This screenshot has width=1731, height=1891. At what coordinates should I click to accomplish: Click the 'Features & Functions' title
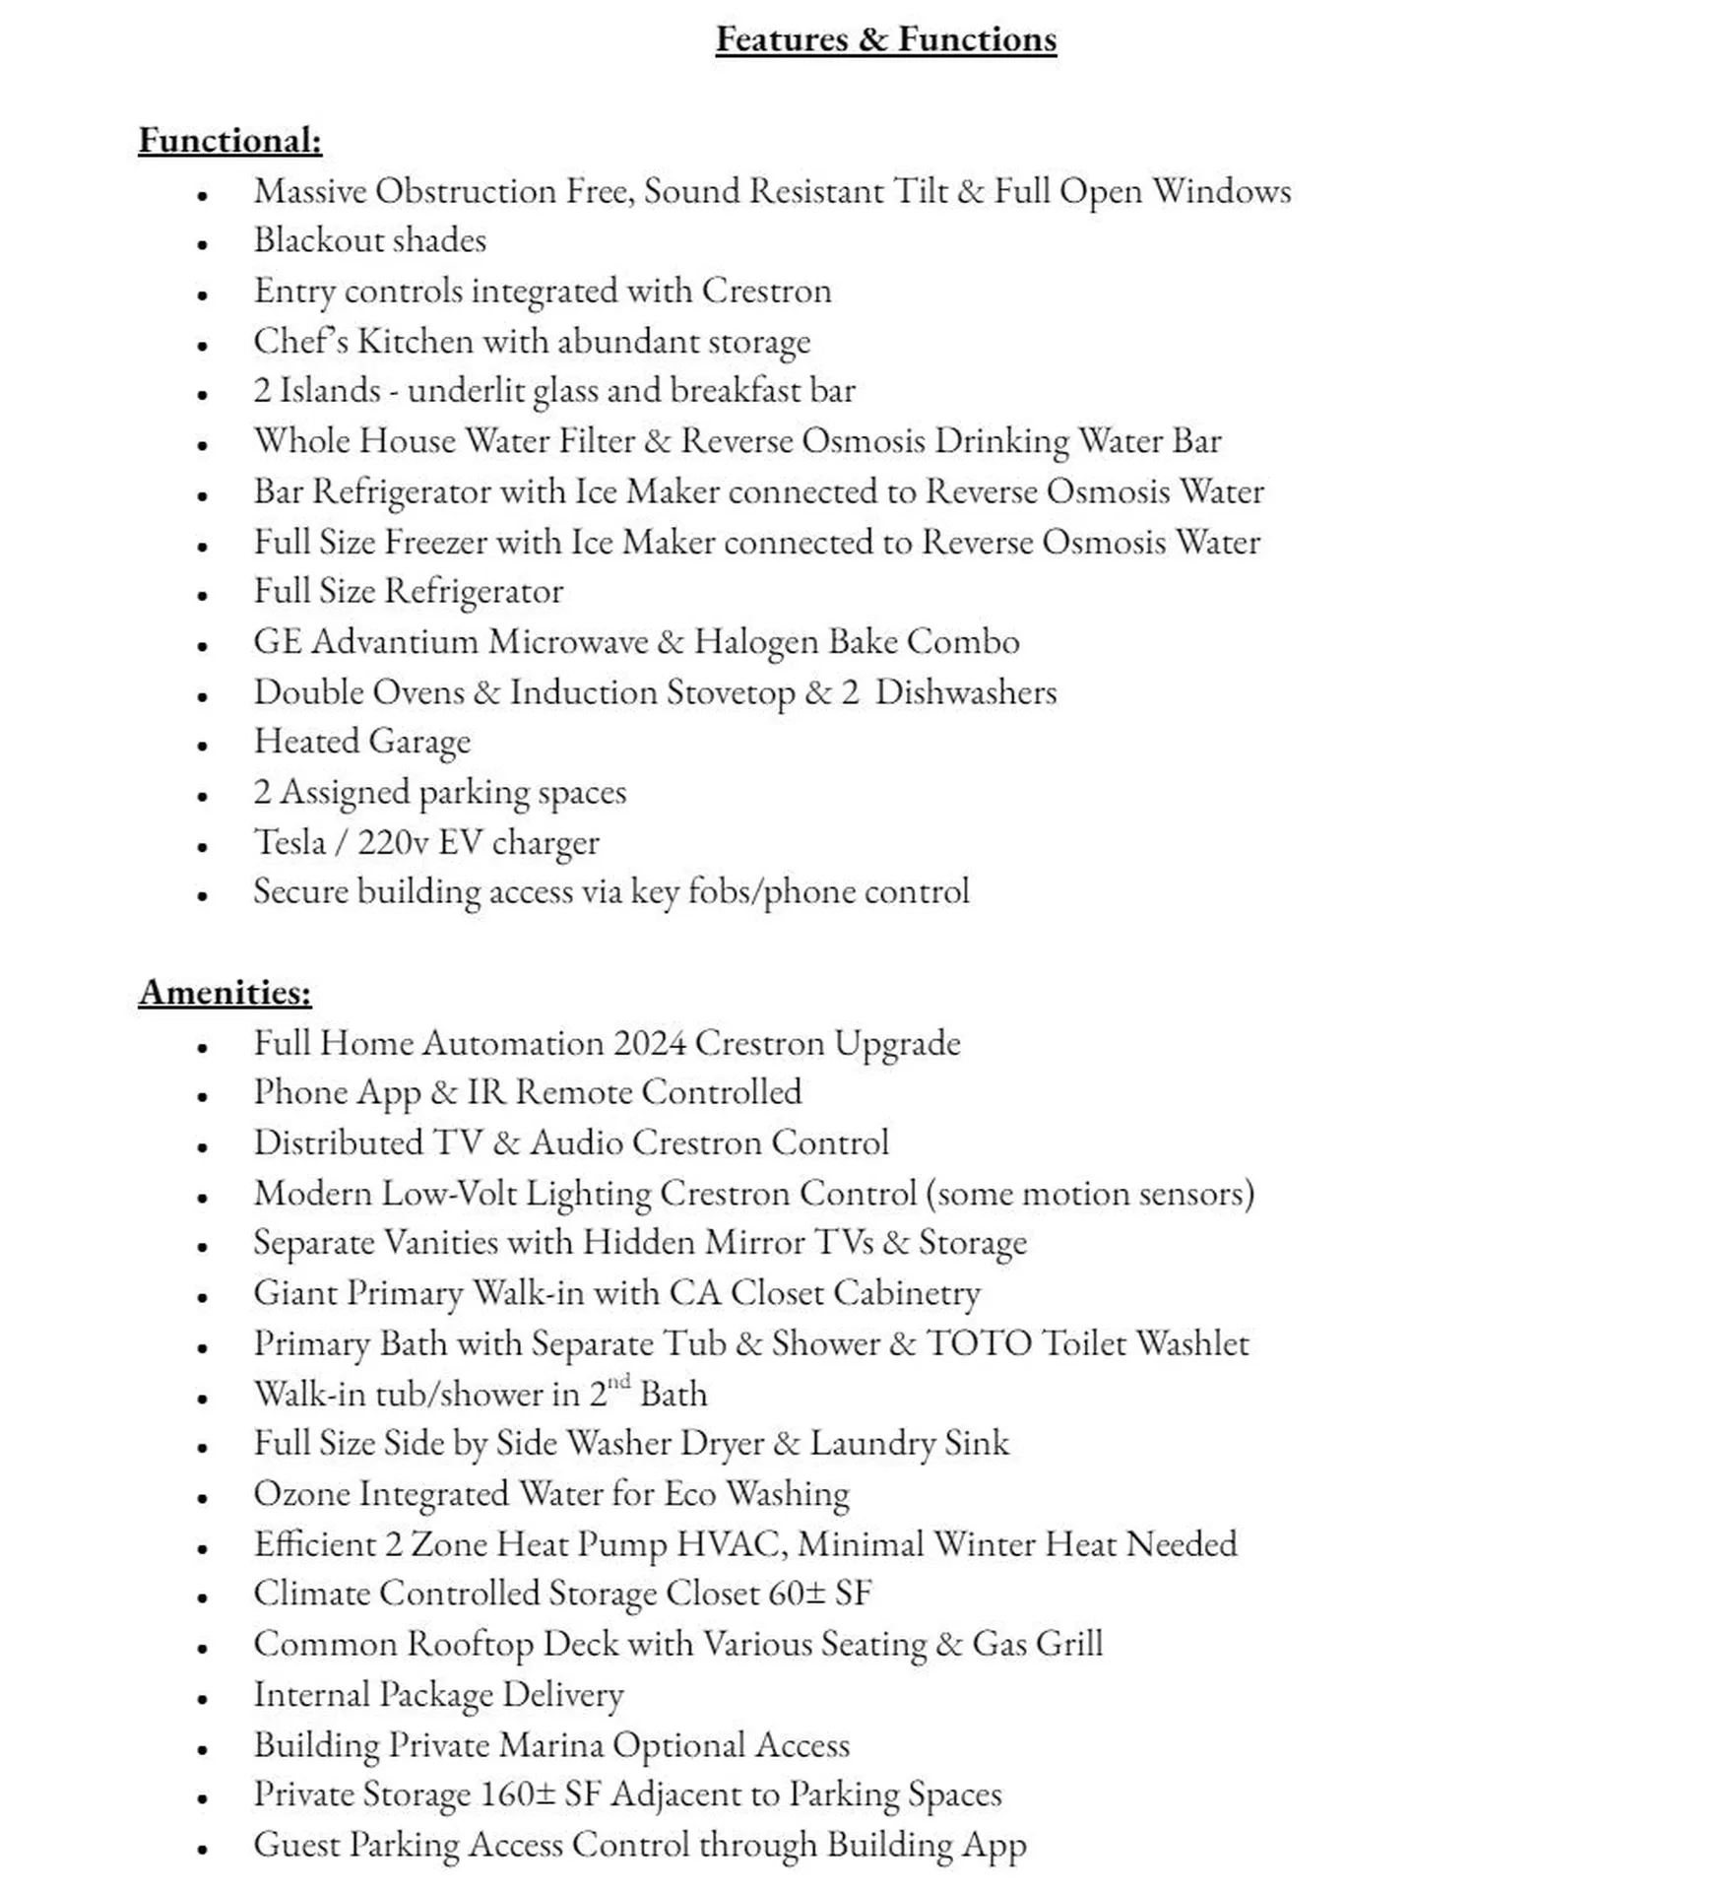point(885,39)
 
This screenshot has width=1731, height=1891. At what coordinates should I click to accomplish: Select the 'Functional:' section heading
point(229,140)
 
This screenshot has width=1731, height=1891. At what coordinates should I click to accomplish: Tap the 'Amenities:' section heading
point(224,992)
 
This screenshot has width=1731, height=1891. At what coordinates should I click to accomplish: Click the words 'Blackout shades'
point(369,240)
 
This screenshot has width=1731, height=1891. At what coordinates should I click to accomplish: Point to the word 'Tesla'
point(289,842)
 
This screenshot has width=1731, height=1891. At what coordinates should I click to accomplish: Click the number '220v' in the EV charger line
point(393,842)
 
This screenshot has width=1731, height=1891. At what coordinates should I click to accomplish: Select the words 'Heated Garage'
point(361,742)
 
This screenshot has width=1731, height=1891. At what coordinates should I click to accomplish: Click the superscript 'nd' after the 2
point(618,1382)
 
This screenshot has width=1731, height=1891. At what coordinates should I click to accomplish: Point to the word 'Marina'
point(550,1744)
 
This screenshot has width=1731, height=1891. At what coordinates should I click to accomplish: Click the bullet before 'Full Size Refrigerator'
point(202,596)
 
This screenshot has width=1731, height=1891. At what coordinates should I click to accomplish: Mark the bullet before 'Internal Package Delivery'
point(202,1699)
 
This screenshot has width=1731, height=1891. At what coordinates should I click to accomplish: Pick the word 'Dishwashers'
point(965,691)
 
